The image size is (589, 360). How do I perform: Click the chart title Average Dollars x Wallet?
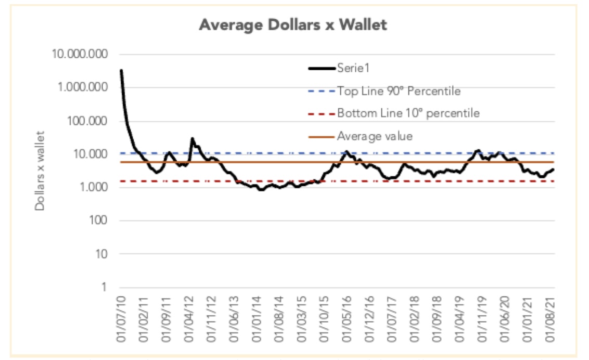pyautogui.click(x=293, y=25)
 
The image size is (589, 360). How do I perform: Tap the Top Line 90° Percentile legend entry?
pyautogui.click(x=399, y=91)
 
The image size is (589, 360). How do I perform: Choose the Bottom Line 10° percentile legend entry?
pyautogui.click(x=408, y=113)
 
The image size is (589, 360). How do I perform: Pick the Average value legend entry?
pyautogui.click(x=375, y=136)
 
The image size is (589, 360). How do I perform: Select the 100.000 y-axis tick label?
pyautogui.click(x=88, y=121)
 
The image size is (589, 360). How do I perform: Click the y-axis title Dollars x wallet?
pyautogui.click(x=40, y=171)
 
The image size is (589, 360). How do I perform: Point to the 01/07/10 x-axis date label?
pyautogui.click(x=121, y=318)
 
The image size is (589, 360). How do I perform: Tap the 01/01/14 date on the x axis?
pyautogui.click(x=257, y=318)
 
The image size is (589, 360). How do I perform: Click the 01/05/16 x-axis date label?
pyautogui.click(x=347, y=318)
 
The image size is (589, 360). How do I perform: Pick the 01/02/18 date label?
pyautogui.click(x=414, y=318)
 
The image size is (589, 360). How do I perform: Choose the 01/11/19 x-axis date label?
pyautogui.click(x=481, y=318)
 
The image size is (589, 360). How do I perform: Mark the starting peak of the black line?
pyautogui.click(x=121, y=70)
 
